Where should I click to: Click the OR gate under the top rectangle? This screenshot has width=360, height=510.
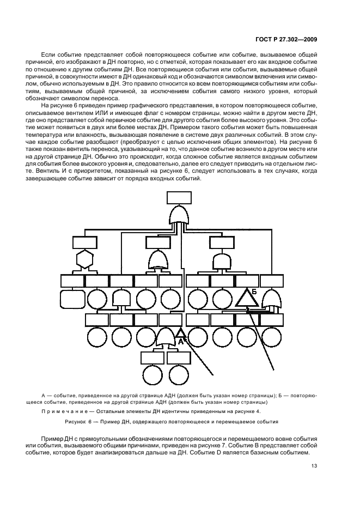pyautogui.click(x=180, y=216)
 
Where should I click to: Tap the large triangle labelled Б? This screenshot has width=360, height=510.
pyautogui.click(x=247, y=297)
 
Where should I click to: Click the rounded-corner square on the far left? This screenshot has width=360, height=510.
pyautogui.click(x=72, y=299)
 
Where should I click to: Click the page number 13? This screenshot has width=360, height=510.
pyautogui.click(x=314, y=466)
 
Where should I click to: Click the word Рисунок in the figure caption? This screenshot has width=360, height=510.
pyautogui.click(x=76, y=421)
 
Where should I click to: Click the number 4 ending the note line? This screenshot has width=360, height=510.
pyautogui.click(x=259, y=411)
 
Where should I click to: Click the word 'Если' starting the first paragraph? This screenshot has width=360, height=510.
pyautogui.click(x=48, y=56)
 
